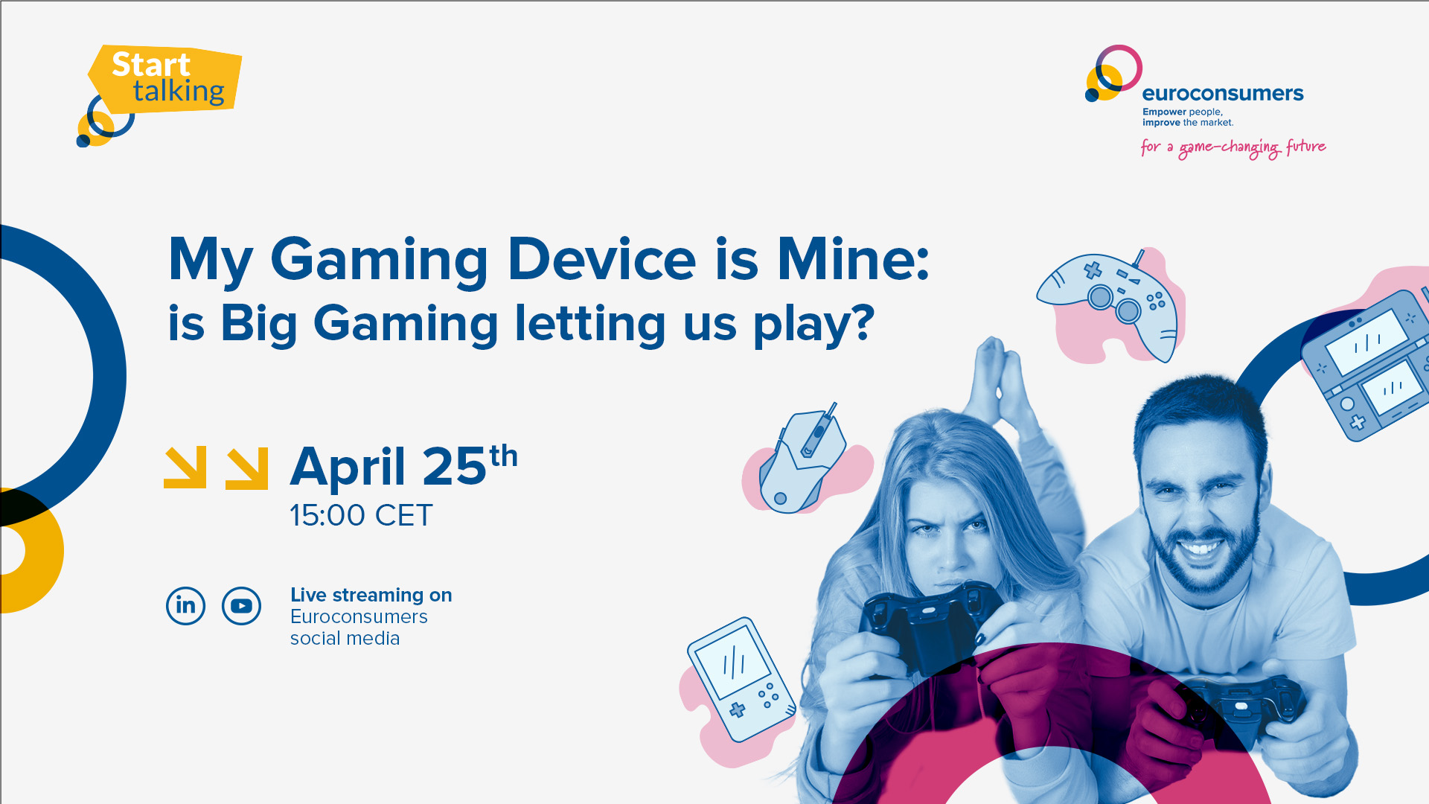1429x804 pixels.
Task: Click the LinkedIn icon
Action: tap(185, 606)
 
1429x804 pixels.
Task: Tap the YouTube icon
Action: tap(241, 606)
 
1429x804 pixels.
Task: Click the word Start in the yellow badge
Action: tap(151, 65)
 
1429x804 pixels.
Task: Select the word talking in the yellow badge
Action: tap(179, 92)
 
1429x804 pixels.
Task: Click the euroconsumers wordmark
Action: tap(1223, 94)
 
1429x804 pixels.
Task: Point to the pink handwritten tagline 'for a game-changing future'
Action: tap(1233, 147)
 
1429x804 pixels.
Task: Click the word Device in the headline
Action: tap(601, 259)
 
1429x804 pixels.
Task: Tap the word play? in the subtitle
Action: tap(813, 325)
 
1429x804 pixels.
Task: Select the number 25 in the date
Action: tap(455, 467)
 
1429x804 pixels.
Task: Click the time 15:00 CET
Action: tap(361, 515)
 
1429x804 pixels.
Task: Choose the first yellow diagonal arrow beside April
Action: tap(185, 468)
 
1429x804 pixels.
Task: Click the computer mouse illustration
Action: tap(802, 462)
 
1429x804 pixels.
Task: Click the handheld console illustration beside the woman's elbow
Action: tap(741, 679)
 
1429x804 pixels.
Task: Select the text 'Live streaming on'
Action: tap(371, 596)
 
